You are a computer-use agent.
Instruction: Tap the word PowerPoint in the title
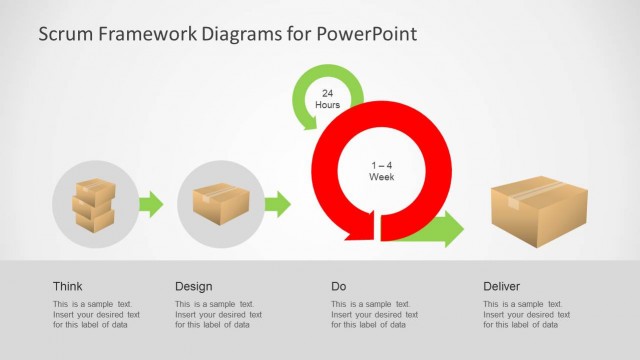pyautogui.click(x=365, y=34)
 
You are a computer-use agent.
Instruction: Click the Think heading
pyautogui.click(x=68, y=286)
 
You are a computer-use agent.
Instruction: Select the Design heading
pyautogui.click(x=193, y=286)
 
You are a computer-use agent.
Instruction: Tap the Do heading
pyautogui.click(x=339, y=286)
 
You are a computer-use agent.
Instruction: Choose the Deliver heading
pyautogui.click(x=501, y=286)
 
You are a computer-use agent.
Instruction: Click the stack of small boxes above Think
pyautogui.click(x=94, y=205)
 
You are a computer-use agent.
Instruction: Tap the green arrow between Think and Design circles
pyautogui.click(x=150, y=204)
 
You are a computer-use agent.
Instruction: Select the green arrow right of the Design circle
pyautogui.click(x=277, y=204)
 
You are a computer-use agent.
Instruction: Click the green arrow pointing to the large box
pyautogui.click(x=440, y=229)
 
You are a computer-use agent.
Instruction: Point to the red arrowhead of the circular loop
pyautogui.click(x=358, y=228)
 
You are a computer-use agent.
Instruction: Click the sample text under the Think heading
pyautogui.click(x=96, y=314)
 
